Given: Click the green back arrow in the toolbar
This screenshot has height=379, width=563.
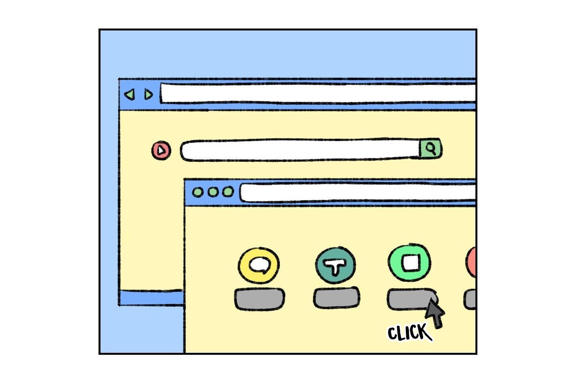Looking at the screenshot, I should click(x=129, y=95).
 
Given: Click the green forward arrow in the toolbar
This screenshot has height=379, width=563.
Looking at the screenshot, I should click(x=148, y=95).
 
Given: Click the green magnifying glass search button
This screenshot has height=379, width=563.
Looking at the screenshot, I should click(x=430, y=149).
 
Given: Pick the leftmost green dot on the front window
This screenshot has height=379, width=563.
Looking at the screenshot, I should click(x=198, y=192).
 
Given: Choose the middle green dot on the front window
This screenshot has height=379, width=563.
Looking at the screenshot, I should click(x=213, y=192).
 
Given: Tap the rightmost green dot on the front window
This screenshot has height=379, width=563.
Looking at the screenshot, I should click(x=228, y=192).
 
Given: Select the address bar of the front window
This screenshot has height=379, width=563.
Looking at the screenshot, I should click(x=357, y=193).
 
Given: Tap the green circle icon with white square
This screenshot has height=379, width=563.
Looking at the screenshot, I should click(x=410, y=263).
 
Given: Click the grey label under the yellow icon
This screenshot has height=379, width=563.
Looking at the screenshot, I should click(x=259, y=299).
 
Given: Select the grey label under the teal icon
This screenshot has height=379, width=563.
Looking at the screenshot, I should click(x=336, y=298).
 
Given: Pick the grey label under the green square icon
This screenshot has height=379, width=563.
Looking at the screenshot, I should click(x=409, y=299).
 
